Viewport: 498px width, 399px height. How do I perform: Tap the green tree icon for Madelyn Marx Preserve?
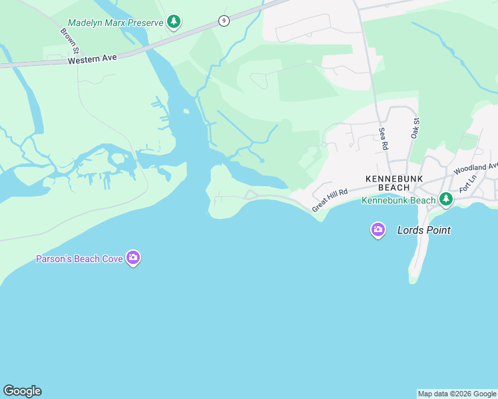coord(174,22)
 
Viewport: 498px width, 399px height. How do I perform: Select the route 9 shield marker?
coord(224,21)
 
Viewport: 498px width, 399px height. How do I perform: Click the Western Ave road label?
coord(93,59)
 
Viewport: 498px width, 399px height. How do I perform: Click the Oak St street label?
coord(417,128)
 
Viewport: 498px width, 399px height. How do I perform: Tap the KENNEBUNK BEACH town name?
coord(391,184)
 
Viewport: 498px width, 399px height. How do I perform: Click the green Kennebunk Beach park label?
coord(398,200)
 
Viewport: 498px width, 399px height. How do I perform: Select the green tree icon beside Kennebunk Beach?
coord(445,199)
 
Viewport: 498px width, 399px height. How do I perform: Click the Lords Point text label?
coord(423,231)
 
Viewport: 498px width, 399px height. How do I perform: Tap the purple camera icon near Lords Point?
coord(378,230)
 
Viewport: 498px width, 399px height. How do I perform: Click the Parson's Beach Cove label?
coord(79,259)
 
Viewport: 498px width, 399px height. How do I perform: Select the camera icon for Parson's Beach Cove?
coord(133,258)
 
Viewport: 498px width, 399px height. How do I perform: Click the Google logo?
coord(22,391)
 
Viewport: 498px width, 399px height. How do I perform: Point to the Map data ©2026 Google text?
coord(457,394)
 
